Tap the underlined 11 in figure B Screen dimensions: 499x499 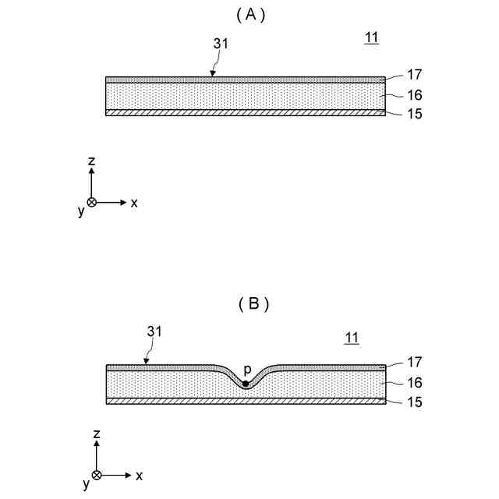tap(352, 337)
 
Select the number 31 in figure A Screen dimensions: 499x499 tap(221, 44)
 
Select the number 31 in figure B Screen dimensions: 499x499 tap(155, 331)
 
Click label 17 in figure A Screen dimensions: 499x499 tap(415, 75)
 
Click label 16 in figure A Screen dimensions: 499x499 tap(415, 96)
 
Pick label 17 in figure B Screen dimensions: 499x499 tap(415, 362)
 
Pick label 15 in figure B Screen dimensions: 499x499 tap(415, 402)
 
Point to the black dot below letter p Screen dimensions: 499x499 tap(246, 384)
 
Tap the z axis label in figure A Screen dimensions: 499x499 tap(91, 161)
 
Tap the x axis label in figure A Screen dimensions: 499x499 tap(134, 202)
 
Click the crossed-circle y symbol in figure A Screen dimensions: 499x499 tap(91, 202)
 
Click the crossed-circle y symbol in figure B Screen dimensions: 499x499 tap(97, 475)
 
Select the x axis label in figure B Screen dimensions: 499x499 tap(140, 475)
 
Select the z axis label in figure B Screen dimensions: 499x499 tap(97, 434)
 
